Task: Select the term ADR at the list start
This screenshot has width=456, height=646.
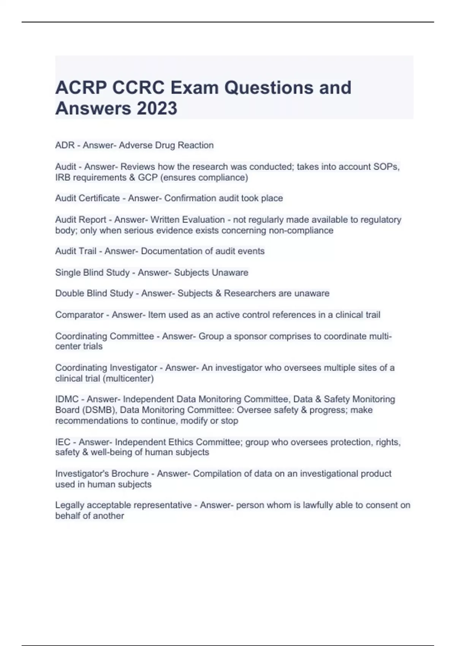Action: point(65,145)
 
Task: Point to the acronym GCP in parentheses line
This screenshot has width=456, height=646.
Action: point(147,177)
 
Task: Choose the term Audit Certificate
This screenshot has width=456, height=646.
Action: point(87,198)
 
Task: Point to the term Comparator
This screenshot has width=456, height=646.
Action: point(79,315)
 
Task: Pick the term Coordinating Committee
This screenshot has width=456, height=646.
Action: point(104,336)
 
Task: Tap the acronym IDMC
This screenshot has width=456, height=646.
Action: point(66,399)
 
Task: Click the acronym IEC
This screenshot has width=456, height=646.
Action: point(63,442)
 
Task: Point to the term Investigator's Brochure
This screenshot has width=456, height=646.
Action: point(101,473)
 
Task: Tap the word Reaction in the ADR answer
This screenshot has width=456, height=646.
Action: point(196,145)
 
